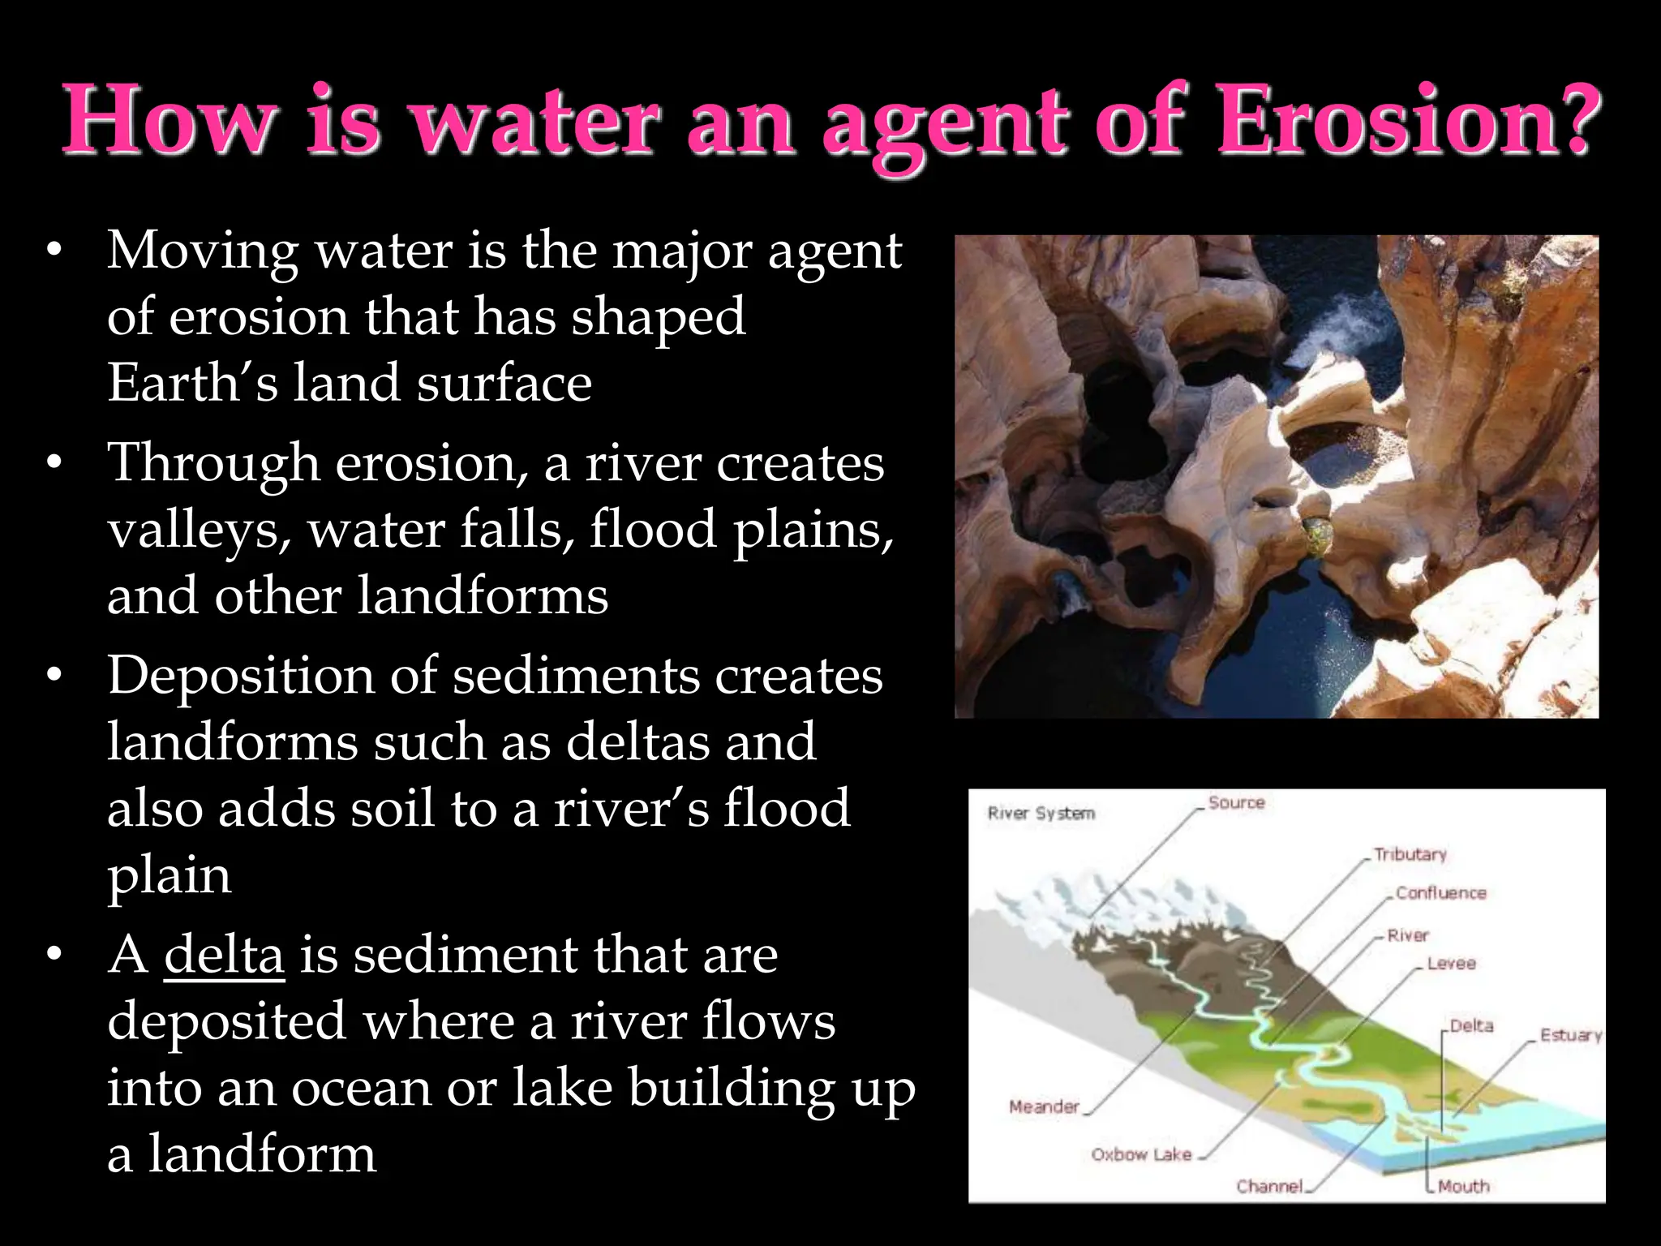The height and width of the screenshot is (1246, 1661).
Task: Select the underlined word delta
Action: point(224,954)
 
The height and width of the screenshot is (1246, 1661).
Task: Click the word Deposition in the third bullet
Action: point(240,677)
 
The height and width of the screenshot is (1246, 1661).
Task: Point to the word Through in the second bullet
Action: point(214,464)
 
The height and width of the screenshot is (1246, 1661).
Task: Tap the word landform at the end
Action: point(261,1154)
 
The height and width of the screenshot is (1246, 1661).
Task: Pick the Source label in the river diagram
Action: point(1236,803)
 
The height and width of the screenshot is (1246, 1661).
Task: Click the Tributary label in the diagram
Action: point(1410,854)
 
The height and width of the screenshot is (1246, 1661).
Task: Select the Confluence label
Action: point(1440,893)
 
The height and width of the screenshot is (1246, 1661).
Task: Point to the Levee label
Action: point(1451,964)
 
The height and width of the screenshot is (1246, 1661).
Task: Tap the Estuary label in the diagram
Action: point(1570,1035)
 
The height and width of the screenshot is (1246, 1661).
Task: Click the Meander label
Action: point(1044,1106)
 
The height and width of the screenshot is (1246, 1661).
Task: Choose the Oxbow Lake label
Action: point(1141,1154)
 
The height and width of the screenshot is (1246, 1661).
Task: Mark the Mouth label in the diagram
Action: point(1463,1186)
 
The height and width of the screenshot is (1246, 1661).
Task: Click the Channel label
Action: point(1269,1186)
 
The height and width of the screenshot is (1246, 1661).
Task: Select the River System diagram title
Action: point(1041,813)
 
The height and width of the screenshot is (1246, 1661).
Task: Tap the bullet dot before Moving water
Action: point(54,251)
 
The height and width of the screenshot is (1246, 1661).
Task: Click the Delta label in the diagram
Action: point(1471,1026)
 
